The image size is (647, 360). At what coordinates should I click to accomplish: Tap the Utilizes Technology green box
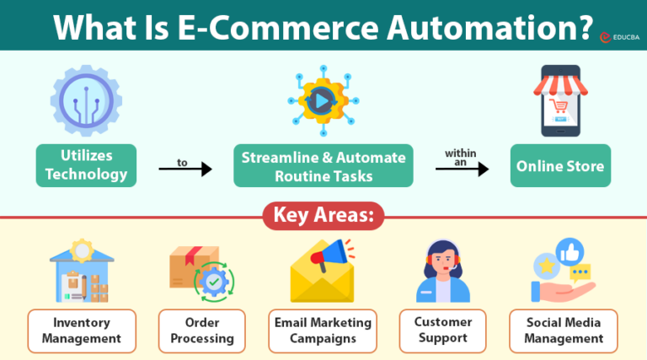click(86, 164)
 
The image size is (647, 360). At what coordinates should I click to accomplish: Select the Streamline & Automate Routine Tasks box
click(323, 166)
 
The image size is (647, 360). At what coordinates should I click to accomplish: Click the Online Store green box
click(560, 166)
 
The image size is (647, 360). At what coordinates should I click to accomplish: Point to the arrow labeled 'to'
click(184, 169)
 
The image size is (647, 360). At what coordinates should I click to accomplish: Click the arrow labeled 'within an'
click(462, 169)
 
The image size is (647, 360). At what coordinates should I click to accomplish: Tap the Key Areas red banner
click(323, 216)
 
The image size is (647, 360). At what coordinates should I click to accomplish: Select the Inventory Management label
click(81, 330)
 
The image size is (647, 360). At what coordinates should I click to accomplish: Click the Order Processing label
click(202, 330)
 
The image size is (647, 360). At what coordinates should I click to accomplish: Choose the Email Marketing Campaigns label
click(323, 330)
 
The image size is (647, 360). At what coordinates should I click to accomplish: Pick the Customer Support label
click(442, 330)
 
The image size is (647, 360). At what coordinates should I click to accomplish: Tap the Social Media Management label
click(564, 330)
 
